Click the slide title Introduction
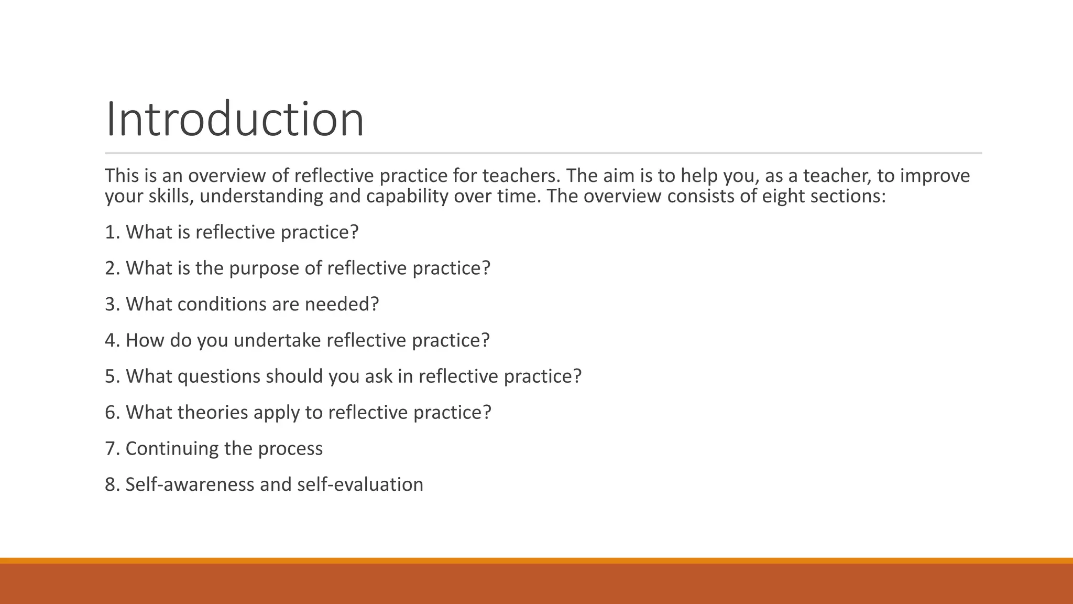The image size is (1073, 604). click(x=234, y=120)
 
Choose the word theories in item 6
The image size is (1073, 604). click(x=213, y=413)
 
